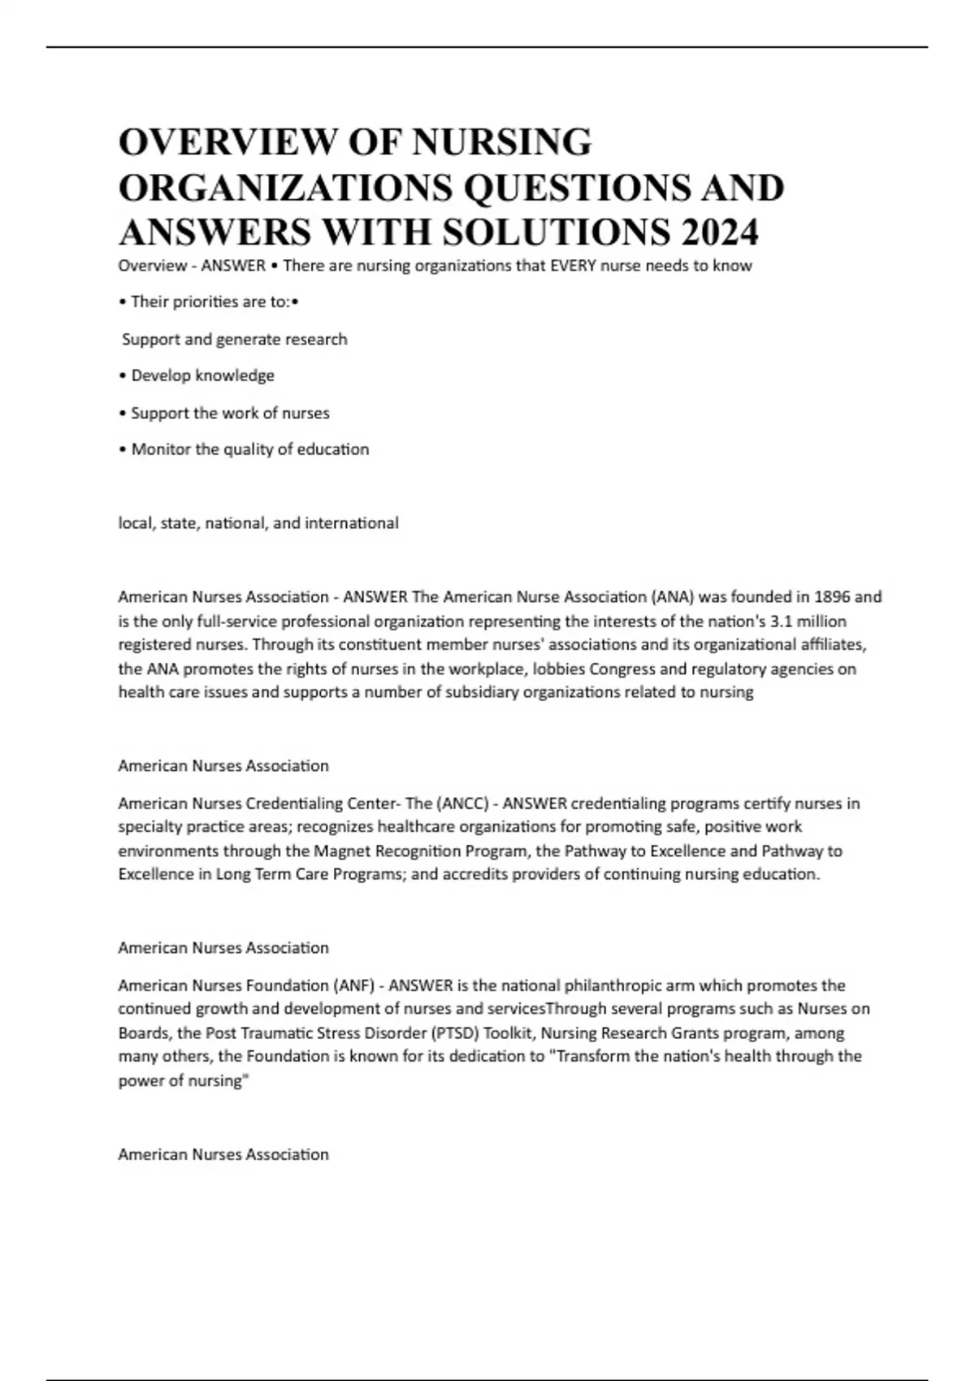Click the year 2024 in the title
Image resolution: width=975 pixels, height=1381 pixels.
719,232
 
